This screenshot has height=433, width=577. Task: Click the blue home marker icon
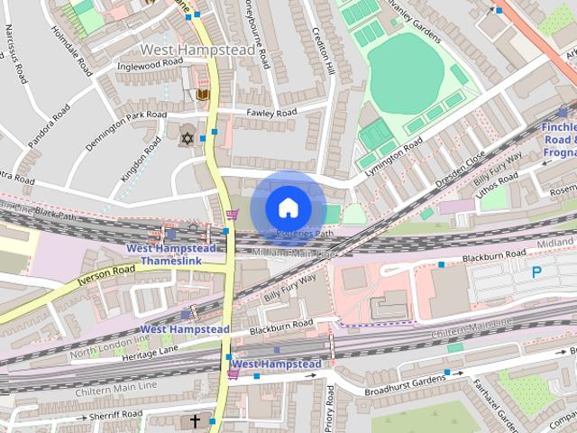(287, 207)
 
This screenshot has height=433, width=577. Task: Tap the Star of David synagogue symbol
(188, 139)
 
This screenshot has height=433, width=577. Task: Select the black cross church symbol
(195, 420)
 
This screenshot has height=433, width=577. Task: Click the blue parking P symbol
(537, 272)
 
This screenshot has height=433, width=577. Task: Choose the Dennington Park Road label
(126, 130)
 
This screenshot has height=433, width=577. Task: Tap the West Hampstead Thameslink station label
(170, 254)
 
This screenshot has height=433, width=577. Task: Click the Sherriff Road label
(116, 415)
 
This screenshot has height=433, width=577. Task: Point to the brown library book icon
(203, 94)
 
